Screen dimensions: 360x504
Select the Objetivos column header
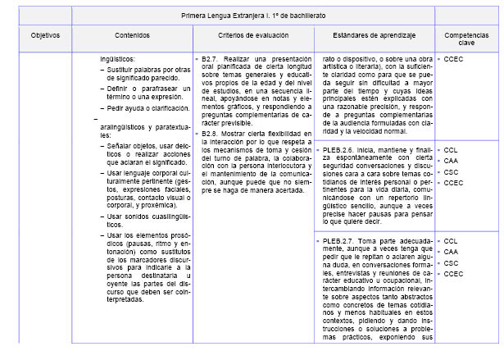point(45,37)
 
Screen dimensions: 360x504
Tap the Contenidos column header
point(133,37)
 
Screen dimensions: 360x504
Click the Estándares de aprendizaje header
point(374,37)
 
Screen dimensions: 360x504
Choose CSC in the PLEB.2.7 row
point(451,262)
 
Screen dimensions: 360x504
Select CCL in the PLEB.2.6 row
point(451,150)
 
